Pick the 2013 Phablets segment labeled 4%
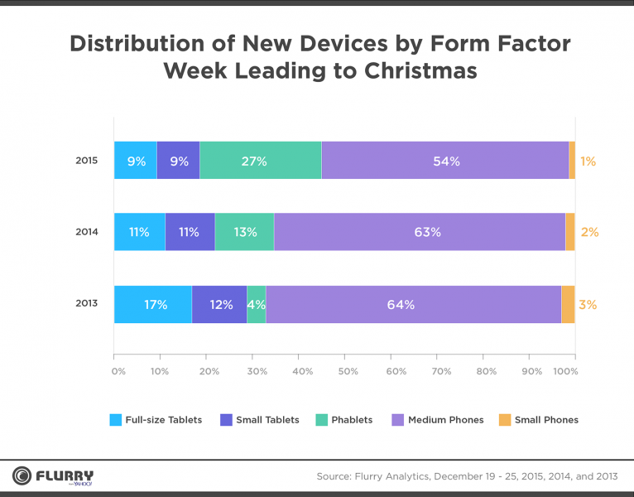coord(257,304)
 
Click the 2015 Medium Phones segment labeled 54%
coord(445,161)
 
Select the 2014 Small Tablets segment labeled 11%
coord(190,232)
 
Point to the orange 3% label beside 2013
coord(588,304)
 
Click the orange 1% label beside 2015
coord(588,161)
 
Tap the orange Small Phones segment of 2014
coord(570,232)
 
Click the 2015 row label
coord(87,161)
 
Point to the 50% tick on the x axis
coord(348,371)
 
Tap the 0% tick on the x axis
coord(118,371)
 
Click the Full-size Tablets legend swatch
coord(116,420)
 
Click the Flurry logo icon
coord(21,476)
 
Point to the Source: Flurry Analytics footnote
coord(468,476)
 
